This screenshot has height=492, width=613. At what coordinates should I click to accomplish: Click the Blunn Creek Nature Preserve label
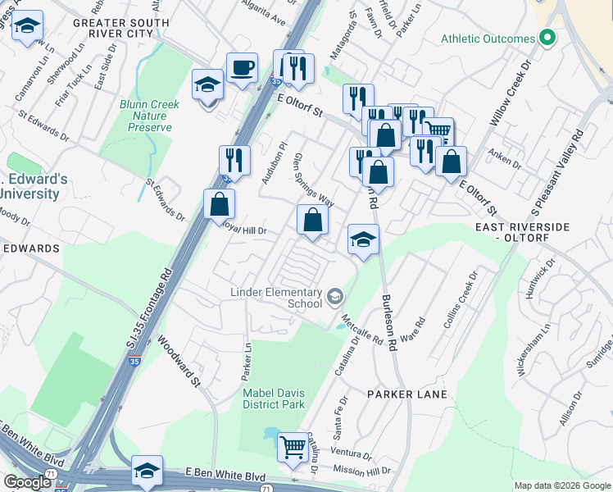pos(145,116)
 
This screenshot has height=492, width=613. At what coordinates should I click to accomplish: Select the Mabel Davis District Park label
pos(274,398)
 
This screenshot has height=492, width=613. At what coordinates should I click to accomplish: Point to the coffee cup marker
pos(243,68)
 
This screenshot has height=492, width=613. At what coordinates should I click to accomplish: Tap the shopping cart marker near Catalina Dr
pos(293,448)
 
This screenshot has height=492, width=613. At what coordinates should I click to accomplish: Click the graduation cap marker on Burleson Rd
pos(363,239)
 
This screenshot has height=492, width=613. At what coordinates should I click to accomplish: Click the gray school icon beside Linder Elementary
pos(334,295)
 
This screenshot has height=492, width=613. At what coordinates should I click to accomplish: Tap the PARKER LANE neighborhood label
pos(406,394)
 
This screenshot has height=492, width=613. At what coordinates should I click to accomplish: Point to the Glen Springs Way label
pos(314,179)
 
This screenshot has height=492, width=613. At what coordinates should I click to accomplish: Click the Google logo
pos(27,482)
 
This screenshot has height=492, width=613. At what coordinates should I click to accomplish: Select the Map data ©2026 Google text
pos(561,485)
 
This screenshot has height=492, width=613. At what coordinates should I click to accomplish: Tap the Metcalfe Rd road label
pos(361,329)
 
